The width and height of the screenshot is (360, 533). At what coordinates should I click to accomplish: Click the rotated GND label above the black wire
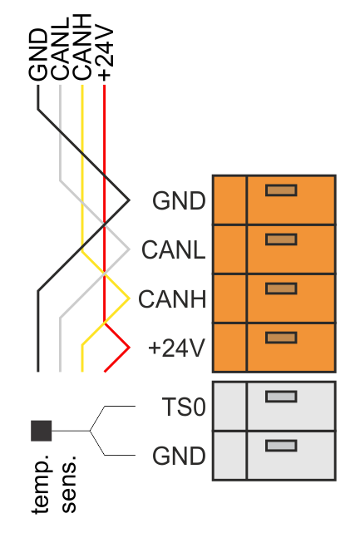pyautogui.click(x=38, y=55)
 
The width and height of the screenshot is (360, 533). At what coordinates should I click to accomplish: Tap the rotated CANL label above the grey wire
pyautogui.click(x=60, y=49)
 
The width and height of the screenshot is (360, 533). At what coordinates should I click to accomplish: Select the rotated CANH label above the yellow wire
pyautogui.click(x=82, y=47)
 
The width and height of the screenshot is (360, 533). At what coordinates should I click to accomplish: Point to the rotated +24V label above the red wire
pyautogui.click(x=105, y=53)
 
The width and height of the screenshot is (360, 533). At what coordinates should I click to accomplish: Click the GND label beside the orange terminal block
pyautogui.click(x=179, y=201)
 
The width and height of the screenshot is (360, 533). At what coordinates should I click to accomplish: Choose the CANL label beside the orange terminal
pyautogui.click(x=174, y=250)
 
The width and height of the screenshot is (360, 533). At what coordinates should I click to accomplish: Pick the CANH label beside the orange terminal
pyautogui.click(x=172, y=299)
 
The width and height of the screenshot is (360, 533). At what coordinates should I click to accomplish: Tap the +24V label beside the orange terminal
pyautogui.click(x=177, y=348)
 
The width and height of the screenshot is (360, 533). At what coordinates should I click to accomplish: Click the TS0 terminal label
pyautogui.click(x=184, y=407)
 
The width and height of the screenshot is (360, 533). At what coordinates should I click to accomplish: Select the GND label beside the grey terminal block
pyautogui.click(x=179, y=456)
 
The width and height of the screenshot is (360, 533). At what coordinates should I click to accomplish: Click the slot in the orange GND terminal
pyautogui.click(x=281, y=190)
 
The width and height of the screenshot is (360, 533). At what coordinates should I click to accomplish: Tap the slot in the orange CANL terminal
pyautogui.click(x=281, y=239)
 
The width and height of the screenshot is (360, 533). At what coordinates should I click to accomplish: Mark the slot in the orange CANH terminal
pyautogui.click(x=281, y=289)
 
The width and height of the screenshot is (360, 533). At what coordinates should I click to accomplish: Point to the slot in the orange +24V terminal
pyautogui.click(x=281, y=338)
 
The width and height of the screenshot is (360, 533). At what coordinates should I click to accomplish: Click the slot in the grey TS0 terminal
pyautogui.click(x=281, y=397)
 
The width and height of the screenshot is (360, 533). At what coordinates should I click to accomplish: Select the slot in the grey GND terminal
pyautogui.click(x=281, y=446)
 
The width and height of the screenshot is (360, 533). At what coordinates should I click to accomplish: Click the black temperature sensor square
pyautogui.click(x=42, y=431)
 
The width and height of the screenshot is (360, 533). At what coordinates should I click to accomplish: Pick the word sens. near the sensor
pyautogui.click(x=69, y=484)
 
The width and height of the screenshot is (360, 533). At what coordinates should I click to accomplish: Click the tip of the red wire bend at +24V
pyautogui.click(x=129, y=348)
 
